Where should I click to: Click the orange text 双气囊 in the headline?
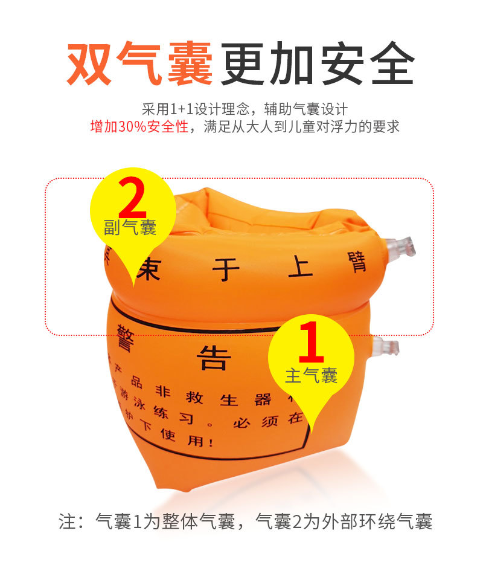tap(140, 62)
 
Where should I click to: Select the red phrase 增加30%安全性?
tap(139, 127)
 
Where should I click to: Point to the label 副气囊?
tap(130, 228)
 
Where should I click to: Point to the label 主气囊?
tap(311, 376)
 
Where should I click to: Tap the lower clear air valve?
tap(386, 347)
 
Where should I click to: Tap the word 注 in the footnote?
tap(66, 521)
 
